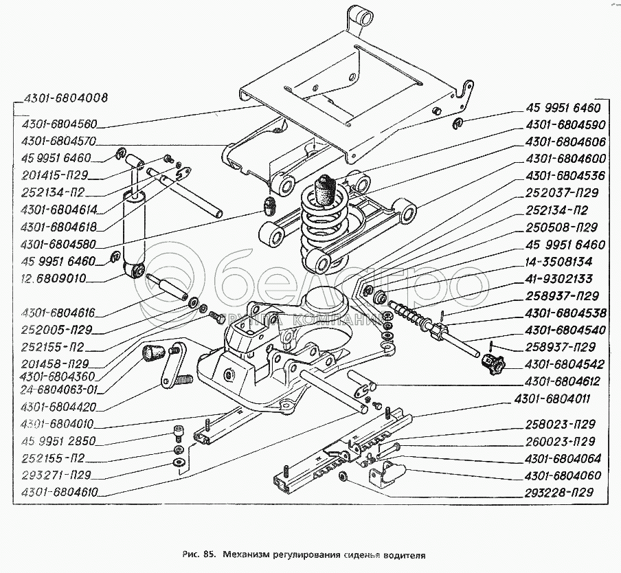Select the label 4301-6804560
click(x=59, y=125)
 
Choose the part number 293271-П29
click(x=56, y=474)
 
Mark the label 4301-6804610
click(x=59, y=491)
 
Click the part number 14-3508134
click(x=558, y=262)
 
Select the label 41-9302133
click(x=558, y=279)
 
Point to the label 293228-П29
click(x=558, y=492)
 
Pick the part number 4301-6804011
click(x=558, y=398)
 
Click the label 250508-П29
click(x=558, y=227)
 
